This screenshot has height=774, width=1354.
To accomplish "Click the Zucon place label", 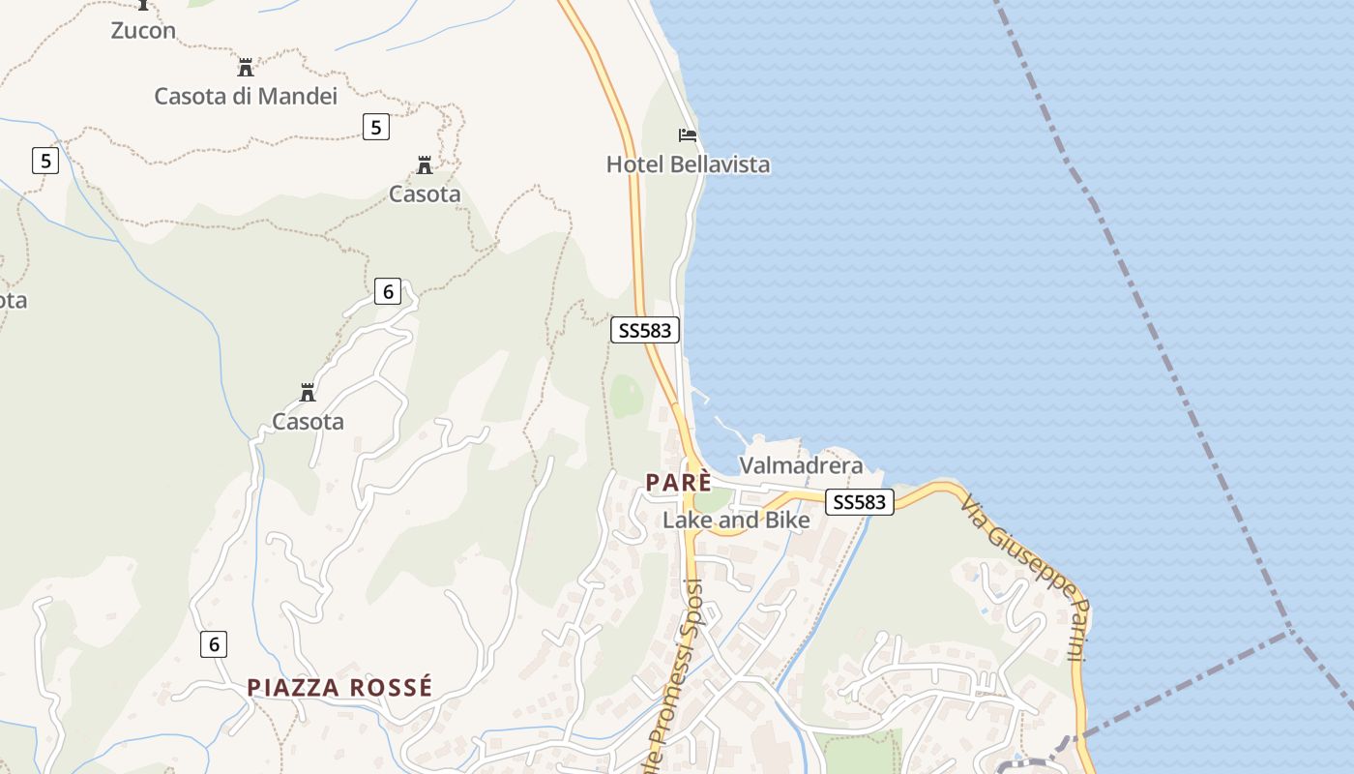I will pyautogui.click(x=143, y=30).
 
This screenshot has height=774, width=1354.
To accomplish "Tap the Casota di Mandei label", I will pyautogui.click(x=246, y=96).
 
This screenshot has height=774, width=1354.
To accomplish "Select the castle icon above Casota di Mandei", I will pyautogui.click(x=246, y=68).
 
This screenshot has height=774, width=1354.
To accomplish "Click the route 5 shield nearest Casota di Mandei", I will pyautogui.click(x=376, y=126).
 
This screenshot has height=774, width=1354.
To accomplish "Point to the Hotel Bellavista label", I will pyautogui.click(x=688, y=164).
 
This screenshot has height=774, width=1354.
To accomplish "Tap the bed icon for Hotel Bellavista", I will pyautogui.click(x=688, y=135).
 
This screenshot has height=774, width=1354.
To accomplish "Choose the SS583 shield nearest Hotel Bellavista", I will pyautogui.click(x=645, y=330).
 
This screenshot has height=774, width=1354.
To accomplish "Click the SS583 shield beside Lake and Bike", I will pyautogui.click(x=859, y=502).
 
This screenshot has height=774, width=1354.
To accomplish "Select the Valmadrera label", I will pyautogui.click(x=801, y=465).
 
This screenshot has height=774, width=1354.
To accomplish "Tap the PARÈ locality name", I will pyautogui.click(x=679, y=482).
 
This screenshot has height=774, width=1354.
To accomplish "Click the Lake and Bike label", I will pyautogui.click(x=736, y=520).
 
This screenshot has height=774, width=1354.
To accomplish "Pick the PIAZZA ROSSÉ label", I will pyautogui.click(x=339, y=688).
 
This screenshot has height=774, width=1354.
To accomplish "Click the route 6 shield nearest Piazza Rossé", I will pyautogui.click(x=215, y=643).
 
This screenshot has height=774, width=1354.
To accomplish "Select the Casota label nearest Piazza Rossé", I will pyautogui.click(x=308, y=422).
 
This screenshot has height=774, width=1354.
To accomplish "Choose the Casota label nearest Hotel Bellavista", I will pyautogui.click(x=425, y=194).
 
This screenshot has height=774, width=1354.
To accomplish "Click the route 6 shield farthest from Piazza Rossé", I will pyautogui.click(x=387, y=290).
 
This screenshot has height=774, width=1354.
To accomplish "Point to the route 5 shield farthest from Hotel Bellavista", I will pyautogui.click(x=45, y=160).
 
